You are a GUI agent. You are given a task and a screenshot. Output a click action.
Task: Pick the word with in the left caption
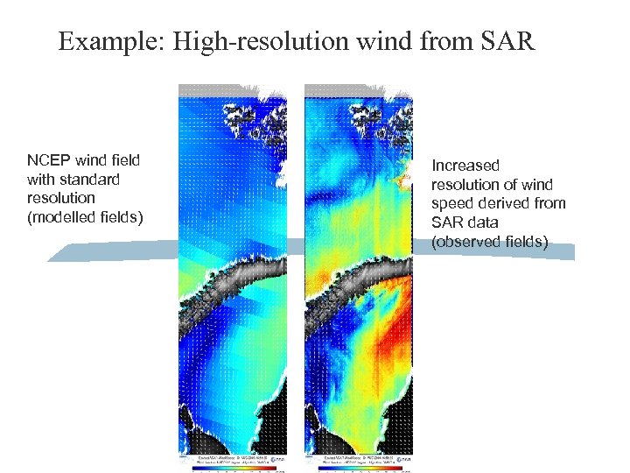(x=41, y=179)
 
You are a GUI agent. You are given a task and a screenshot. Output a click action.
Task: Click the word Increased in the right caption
(x=465, y=166)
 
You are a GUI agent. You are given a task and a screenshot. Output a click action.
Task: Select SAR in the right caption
(x=447, y=222)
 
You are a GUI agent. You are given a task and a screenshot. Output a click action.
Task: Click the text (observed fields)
(x=489, y=242)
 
